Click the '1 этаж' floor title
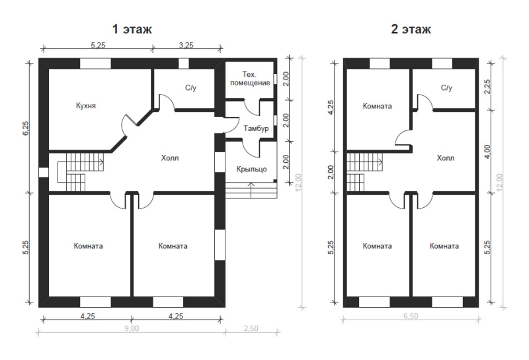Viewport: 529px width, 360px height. pos(132,29)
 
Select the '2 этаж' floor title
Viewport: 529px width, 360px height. pos(411,29)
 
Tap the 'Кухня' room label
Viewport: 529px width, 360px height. pos(86,106)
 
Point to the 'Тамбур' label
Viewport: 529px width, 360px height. pos(256,128)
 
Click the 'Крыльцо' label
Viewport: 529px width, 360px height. pos(252,169)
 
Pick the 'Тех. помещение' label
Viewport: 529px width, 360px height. pos(250,78)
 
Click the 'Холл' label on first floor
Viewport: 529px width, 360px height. pos(170,157)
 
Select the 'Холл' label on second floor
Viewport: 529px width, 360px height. pos(445,157)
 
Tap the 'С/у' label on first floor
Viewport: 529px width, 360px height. pos(190,88)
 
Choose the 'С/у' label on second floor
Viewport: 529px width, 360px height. pos(446,88)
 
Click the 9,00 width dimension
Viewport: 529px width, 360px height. pos(132,328)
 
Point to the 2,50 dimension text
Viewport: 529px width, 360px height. pos(251,328)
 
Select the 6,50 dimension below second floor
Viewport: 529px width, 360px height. pos(411,316)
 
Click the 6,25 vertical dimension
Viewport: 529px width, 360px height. pos(26,128)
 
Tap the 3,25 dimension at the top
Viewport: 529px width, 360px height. pos(186,45)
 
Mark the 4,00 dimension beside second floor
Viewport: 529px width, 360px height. pos(487,152)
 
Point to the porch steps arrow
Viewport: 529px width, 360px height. pos(251,190)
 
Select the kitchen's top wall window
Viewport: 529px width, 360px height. pos(95,64)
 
